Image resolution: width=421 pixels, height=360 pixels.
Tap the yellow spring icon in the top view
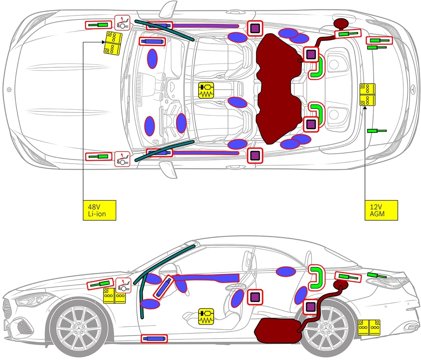(x=206, y=91)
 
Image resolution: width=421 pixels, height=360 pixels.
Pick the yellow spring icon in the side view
(x=206, y=316)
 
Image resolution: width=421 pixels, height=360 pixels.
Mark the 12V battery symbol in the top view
(x=367, y=94)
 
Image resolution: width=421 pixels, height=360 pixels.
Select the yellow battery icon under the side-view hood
(x=115, y=296)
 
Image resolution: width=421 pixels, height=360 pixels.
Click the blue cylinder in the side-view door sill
(x=155, y=338)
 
